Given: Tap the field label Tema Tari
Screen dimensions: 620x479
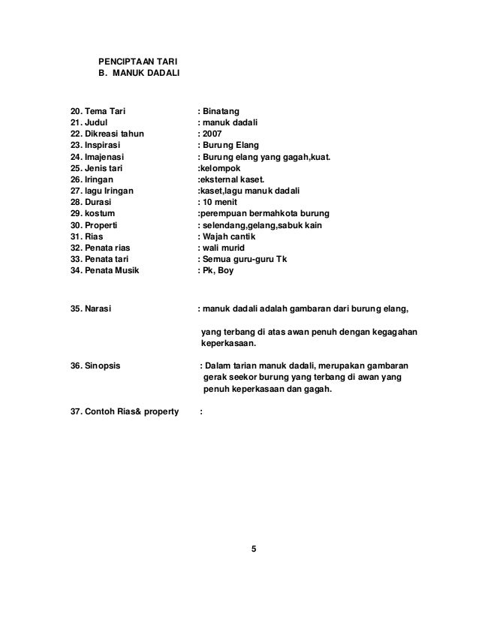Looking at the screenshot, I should point(105,112).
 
